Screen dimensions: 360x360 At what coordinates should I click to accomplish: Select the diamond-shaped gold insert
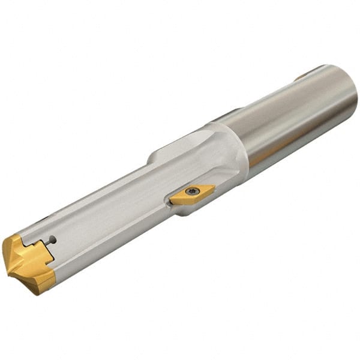pos(191,194)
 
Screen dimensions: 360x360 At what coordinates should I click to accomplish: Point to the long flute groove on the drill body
pos(108,204)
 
